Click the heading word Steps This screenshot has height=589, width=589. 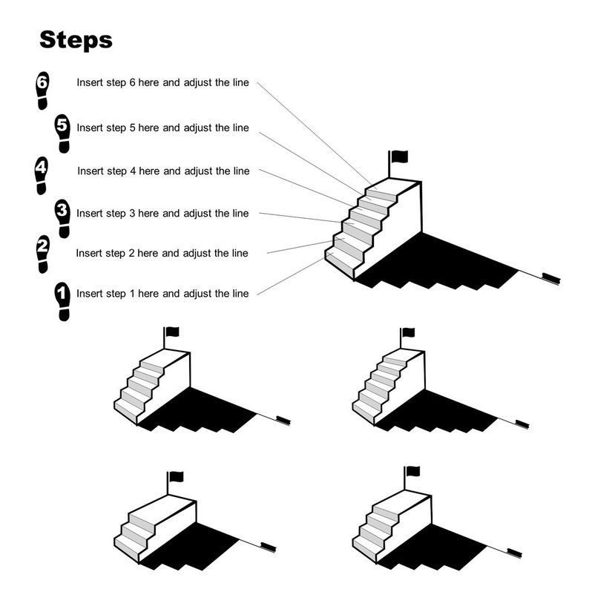click(x=76, y=39)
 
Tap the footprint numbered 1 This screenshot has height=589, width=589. click(x=62, y=300)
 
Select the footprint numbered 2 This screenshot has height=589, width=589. click(x=43, y=254)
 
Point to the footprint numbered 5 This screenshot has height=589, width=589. click(x=62, y=134)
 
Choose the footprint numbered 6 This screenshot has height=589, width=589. click(x=42, y=91)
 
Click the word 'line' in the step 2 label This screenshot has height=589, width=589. click(x=239, y=254)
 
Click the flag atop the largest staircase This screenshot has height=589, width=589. click(x=400, y=156)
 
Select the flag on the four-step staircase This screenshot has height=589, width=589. click(x=412, y=471)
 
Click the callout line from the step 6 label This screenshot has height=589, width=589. click(x=312, y=134)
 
